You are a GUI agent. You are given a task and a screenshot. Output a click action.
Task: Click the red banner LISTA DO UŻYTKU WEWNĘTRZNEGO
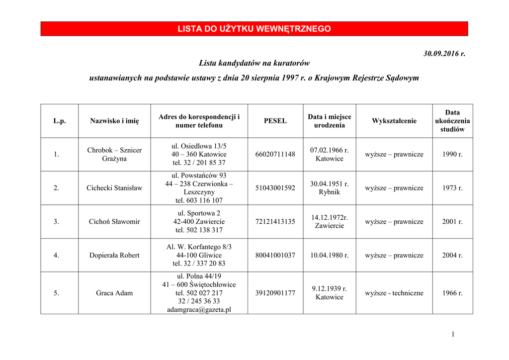(x=254, y=29)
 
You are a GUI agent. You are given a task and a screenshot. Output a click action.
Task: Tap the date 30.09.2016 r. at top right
(x=444, y=53)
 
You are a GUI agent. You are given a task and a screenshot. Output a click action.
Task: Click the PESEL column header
(x=275, y=121)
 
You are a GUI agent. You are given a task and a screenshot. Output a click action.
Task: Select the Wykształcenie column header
(x=394, y=121)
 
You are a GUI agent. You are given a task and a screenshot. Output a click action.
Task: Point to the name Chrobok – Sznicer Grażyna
(x=114, y=154)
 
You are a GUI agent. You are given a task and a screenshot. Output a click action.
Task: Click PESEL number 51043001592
(x=275, y=188)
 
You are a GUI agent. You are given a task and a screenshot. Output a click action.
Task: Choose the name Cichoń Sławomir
(x=114, y=222)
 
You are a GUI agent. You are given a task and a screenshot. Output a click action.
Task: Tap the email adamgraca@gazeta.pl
(x=199, y=309)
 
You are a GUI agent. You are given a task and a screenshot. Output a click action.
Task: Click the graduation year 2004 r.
(x=452, y=255)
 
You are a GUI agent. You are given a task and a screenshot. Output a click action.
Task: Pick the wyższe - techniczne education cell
(x=394, y=293)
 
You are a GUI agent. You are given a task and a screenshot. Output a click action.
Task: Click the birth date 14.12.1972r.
(x=330, y=217)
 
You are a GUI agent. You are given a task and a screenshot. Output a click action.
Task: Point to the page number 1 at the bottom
(x=453, y=334)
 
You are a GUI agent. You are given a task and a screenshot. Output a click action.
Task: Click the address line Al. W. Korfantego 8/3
(x=199, y=247)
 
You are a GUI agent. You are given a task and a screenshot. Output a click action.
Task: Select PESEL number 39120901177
(x=275, y=293)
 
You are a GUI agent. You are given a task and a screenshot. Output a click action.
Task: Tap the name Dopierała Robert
(x=114, y=255)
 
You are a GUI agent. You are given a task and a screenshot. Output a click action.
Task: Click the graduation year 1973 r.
(x=452, y=188)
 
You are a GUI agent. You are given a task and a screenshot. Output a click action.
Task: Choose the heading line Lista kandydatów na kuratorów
(x=254, y=63)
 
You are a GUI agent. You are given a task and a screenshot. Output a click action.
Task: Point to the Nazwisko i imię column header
(x=114, y=121)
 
